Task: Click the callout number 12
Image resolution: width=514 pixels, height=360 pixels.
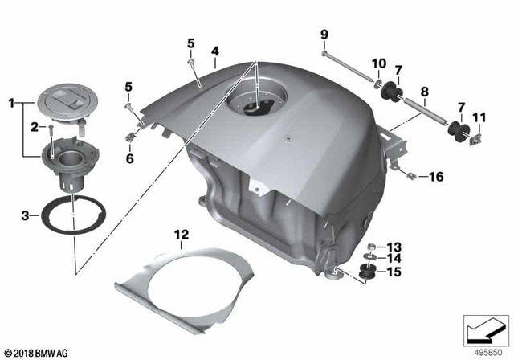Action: pos(182,234)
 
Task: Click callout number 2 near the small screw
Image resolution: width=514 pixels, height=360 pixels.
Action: pos(35,127)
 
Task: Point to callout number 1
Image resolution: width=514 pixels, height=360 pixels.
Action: pos(12,104)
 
